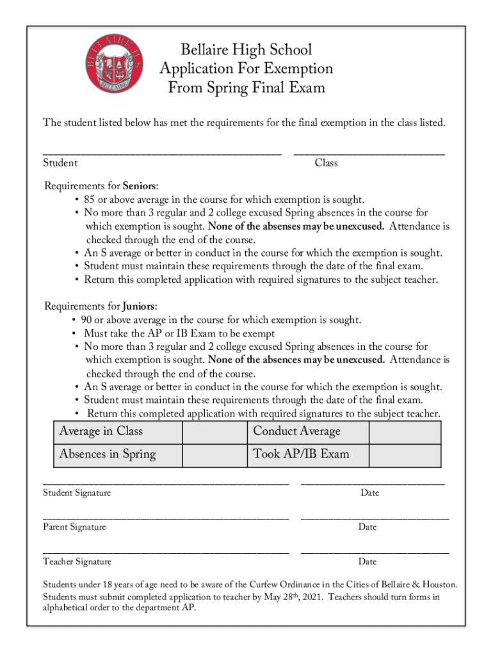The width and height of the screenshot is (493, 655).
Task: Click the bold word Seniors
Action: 140,186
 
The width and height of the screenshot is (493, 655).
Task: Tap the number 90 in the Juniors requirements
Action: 87,320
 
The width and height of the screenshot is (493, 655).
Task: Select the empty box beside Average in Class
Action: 214,432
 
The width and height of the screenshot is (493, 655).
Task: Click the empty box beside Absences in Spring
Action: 214,455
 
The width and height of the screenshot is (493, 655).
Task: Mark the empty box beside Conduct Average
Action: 405,432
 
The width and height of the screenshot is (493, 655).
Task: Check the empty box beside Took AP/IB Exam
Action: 405,455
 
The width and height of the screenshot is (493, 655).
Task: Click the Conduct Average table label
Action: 296,432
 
